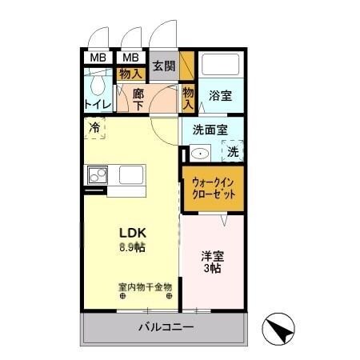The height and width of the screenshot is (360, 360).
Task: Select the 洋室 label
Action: [x=211, y=257]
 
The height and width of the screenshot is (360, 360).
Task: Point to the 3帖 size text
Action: [x=211, y=269]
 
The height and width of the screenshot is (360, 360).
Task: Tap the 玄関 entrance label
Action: [x=163, y=66]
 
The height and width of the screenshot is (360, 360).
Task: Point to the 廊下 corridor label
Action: [x=138, y=98]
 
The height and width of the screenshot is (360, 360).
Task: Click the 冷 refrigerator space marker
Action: [x=94, y=127]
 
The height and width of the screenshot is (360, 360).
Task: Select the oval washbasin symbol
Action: [x=201, y=151]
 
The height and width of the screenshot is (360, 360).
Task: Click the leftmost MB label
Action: [x=97, y=58]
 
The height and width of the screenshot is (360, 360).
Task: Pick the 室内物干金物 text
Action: [x=145, y=286]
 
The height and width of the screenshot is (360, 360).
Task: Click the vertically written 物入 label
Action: [x=188, y=98]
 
